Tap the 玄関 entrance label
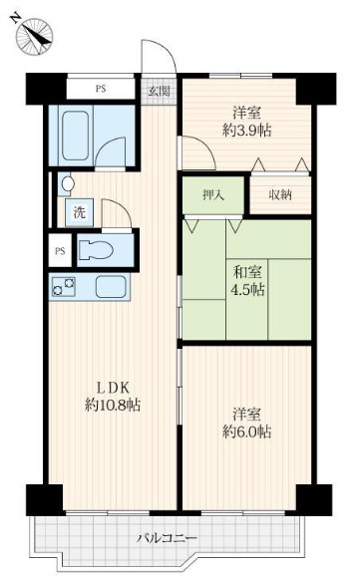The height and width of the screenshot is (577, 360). (x=159, y=91)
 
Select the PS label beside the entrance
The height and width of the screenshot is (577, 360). (x=101, y=89)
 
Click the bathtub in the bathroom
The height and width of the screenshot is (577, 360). (x=75, y=137)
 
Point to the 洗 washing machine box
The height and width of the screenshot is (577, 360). (x=79, y=212)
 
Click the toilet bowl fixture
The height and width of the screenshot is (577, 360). (x=96, y=250)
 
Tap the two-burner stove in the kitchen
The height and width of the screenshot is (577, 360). (x=63, y=287)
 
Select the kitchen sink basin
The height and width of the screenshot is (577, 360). (x=111, y=287)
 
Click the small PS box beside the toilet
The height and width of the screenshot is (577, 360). (x=60, y=251)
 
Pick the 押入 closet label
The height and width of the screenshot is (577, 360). (x=213, y=195)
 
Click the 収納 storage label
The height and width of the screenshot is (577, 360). (x=280, y=195)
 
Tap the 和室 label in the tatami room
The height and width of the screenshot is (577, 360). (x=247, y=273)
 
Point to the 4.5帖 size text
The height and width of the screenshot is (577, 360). (x=247, y=290)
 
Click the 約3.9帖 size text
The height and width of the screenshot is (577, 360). (x=247, y=130)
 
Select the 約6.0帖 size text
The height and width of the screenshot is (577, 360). (x=247, y=431)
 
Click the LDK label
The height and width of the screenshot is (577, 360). (x=113, y=388)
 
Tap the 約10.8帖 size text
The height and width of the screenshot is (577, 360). (x=113, y=406)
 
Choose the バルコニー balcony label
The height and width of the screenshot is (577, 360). (x=168, y=539)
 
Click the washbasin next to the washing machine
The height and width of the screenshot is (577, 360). (x=67, y=183)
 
